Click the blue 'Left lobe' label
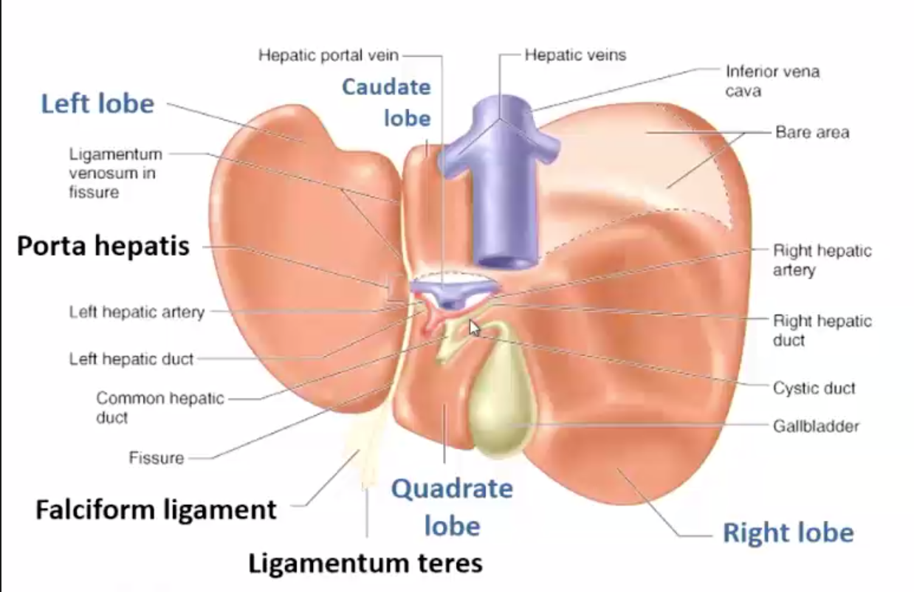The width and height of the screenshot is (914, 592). tap(97, 103)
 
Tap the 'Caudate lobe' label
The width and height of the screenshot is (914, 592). tap(386, 102)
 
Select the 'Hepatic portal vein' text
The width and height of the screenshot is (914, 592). tap(328, 55)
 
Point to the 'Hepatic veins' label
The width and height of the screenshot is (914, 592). tap(575, 55)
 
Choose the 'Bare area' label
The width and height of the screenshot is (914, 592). tap(812, 133)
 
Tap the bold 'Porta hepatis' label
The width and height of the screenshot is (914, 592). tap(103, 247)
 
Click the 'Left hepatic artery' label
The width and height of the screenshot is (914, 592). tap(137, 312)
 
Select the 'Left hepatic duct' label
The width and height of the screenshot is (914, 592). tap(131, 359)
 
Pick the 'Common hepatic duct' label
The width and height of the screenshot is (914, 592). tap(159, 407)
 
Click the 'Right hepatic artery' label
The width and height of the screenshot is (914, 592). tap(822, 260)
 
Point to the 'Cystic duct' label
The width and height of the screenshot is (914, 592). tap(814, 388)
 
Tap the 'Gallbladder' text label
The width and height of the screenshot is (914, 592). tap(816, 426)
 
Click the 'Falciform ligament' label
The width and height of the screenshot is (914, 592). tap(157, 509)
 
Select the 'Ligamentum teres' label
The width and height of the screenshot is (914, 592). tap(365, 563)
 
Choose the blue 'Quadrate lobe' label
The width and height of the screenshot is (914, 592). tap(452, 507)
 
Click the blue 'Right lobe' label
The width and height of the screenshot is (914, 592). tap(788, 532)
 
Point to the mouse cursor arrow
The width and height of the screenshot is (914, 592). tap(473, 327)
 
